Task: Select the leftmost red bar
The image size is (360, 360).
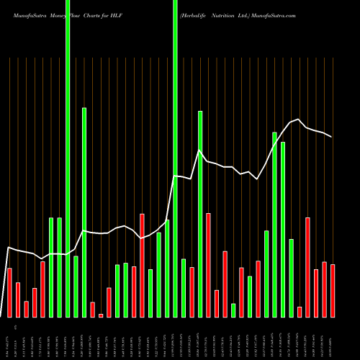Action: point(9,292)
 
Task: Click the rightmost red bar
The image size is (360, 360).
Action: point(333,291)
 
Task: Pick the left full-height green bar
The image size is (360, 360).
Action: point(68,158)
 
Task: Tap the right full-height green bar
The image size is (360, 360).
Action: point(175,158)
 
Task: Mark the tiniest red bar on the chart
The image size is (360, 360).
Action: point(101,315)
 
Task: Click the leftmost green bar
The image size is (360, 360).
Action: point(51,267)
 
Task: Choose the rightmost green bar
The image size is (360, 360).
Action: point(292,278)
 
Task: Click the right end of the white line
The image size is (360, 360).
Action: point(332,136)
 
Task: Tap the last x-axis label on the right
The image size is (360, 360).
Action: point(333,339)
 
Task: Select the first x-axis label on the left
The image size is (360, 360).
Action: point(9,339)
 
